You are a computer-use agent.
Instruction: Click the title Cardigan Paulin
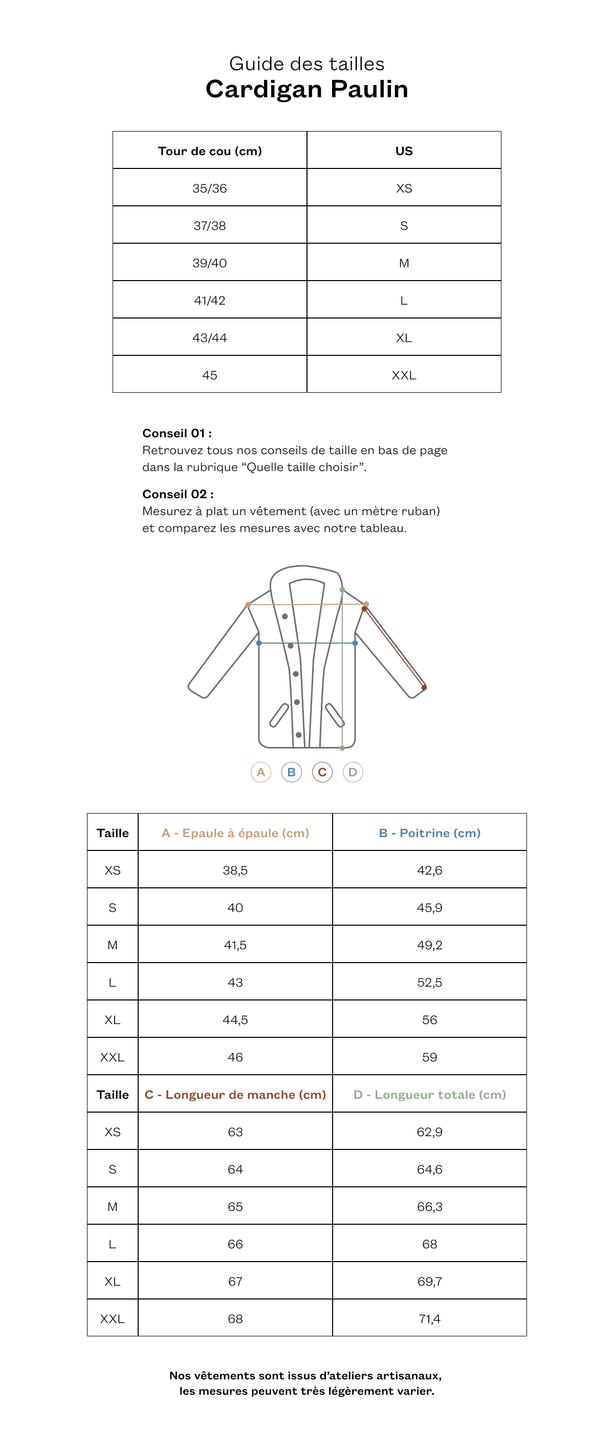pos(306,89)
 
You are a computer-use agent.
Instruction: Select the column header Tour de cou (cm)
pos(210,151)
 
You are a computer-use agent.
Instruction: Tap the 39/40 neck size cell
pos(210,263)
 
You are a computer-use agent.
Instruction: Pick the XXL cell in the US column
pos(404,375)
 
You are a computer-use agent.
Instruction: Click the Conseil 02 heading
pos(178,494)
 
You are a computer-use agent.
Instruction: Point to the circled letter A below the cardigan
pos(261,772)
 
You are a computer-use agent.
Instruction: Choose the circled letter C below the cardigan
pos(322,772)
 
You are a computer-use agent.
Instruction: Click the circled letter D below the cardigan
pos(353,772)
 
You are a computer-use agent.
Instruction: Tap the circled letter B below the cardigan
pos(291,772)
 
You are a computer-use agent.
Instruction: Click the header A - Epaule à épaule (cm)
pos(235,833)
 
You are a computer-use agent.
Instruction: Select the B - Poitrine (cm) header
pos(430,833)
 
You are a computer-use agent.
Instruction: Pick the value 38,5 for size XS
pos(235,870)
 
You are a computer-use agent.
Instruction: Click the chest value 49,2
pos(430,945)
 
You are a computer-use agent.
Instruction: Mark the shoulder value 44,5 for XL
pos(235,1020)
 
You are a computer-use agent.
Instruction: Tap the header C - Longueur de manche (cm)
pos(235,1095)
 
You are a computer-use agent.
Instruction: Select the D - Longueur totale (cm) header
pos(430,1095)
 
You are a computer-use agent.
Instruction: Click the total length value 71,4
pos(430,1318)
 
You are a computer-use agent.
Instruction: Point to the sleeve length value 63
pos(235,1132)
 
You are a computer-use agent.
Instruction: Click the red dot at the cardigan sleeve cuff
pos(424,687)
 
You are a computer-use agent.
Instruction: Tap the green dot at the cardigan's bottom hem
pos(342,748)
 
